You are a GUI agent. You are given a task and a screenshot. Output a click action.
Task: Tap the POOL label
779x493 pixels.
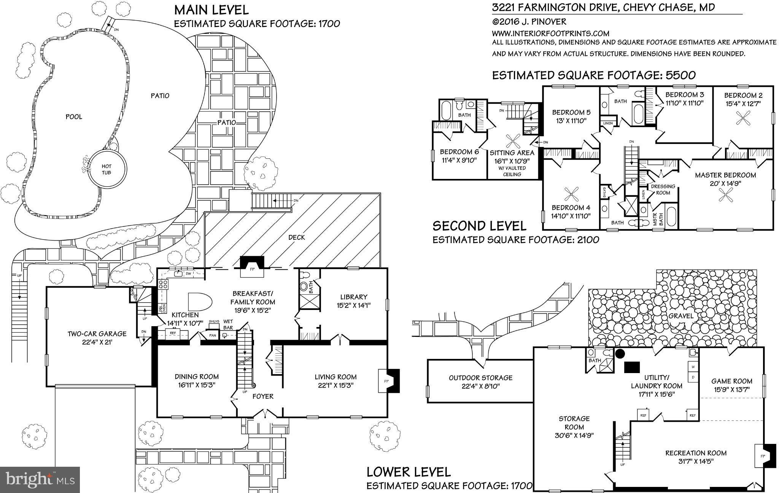74,117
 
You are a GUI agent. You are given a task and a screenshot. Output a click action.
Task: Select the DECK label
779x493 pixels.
296,237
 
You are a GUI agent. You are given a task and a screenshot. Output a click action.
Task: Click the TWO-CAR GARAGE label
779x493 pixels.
97,334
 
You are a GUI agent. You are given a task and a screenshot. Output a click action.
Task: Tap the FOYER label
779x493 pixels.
263,396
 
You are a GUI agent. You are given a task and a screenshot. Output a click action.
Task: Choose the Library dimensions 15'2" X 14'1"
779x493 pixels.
354,305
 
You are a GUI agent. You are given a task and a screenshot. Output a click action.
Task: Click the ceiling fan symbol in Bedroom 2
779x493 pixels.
742,118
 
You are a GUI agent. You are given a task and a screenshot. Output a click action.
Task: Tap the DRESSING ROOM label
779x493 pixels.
663,189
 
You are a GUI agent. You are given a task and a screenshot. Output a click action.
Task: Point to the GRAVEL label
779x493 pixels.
681,316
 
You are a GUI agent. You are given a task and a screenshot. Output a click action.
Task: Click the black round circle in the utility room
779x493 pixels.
620,354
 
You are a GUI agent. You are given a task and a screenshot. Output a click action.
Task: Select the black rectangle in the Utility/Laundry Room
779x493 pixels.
632,367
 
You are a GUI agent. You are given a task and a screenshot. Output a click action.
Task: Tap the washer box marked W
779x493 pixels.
693,367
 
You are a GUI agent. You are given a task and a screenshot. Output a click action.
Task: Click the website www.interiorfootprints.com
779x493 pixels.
551,33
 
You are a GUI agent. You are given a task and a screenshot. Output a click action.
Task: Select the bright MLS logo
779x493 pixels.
40,479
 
